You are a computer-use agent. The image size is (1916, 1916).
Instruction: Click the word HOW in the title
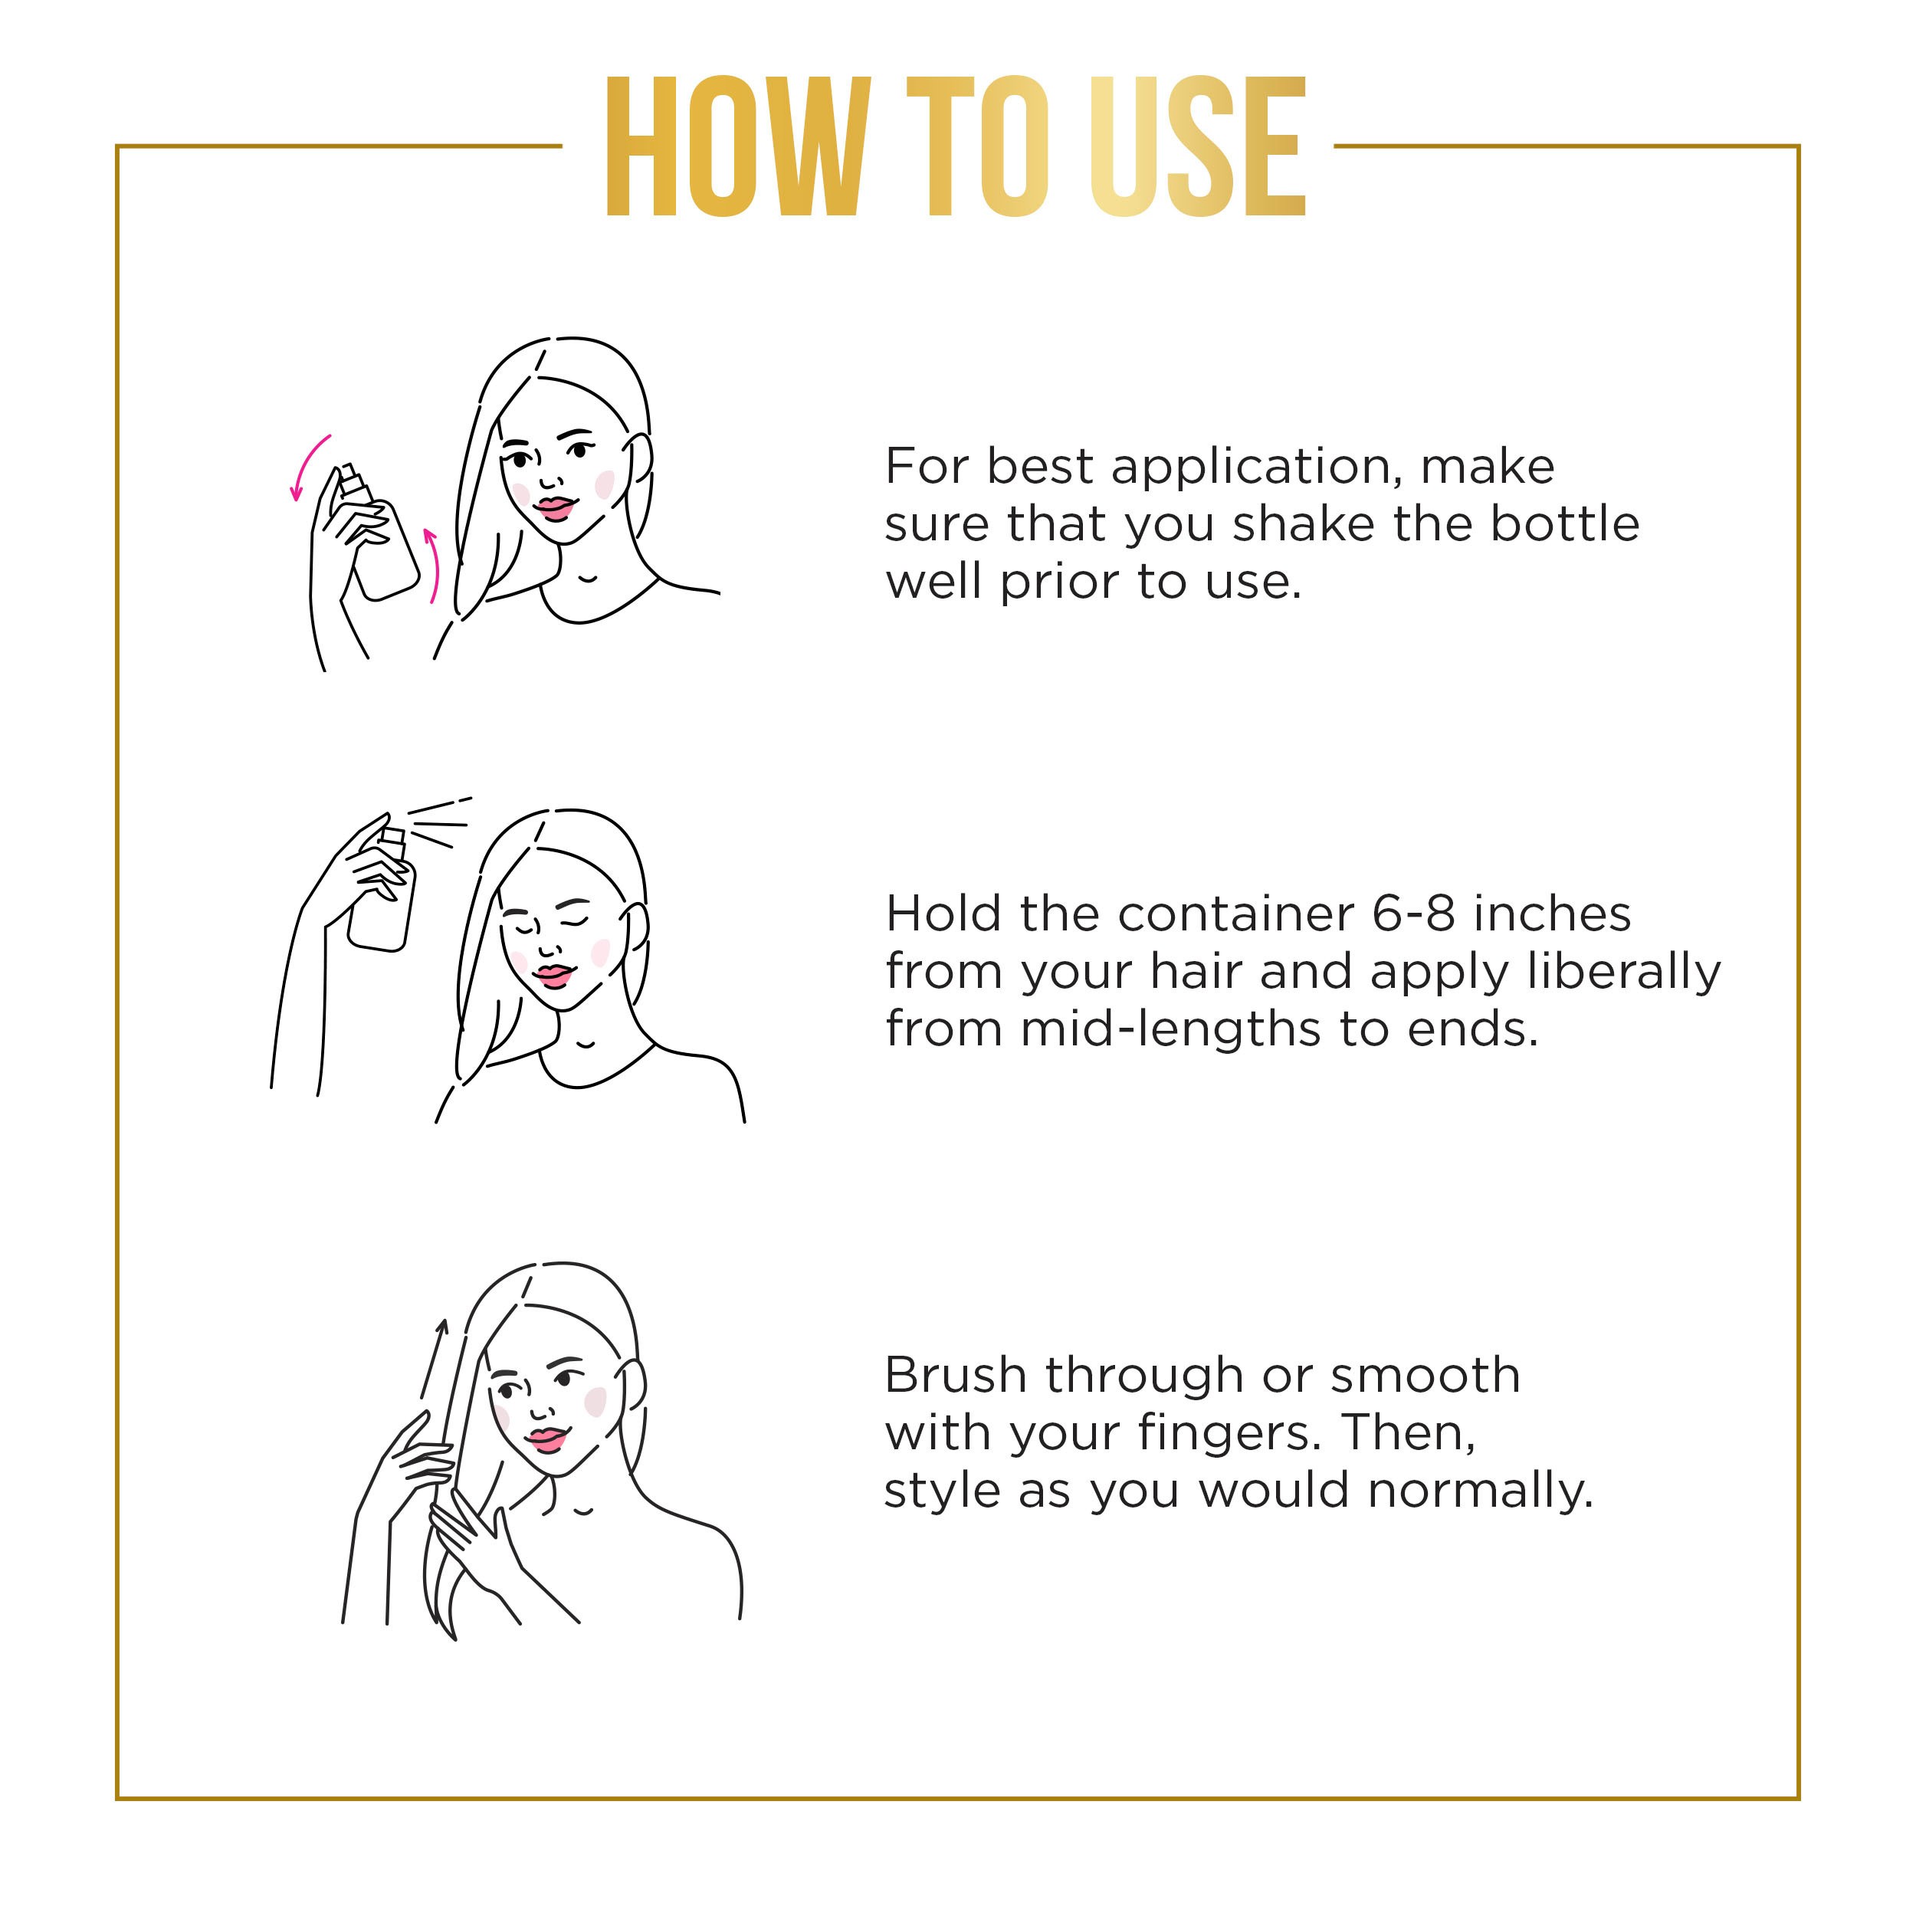coord(738,147)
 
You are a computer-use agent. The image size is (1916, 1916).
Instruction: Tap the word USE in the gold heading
coord(1197,147)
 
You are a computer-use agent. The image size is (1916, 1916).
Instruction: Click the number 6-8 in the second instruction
coord(1413,914)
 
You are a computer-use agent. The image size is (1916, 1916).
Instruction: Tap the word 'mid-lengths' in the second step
coord(1171,1030)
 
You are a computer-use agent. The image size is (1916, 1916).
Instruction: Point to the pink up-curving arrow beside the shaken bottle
coord(432,566)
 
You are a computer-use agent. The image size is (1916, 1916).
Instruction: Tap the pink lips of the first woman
coord(553,508)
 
